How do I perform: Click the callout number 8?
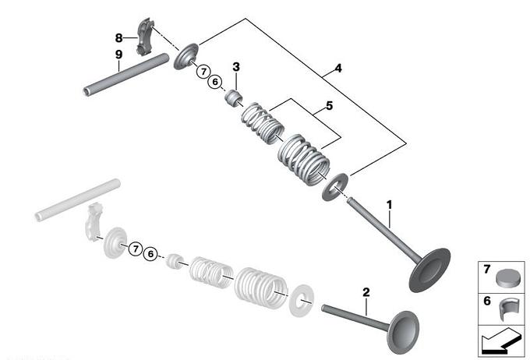coord(118,37)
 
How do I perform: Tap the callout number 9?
coord(118,55)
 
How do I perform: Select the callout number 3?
coord(236,67)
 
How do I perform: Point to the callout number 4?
coord(338,69)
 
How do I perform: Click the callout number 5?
coord(329,106)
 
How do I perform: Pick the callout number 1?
coord(390,205)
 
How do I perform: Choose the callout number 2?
coord(366,292)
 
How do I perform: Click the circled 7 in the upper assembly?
coord(203,72)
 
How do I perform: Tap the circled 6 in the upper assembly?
coord(215,82)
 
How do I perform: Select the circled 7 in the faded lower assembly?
coord(136,249)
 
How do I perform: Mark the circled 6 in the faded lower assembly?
coord(150,254)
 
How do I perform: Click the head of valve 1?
coord(429,270)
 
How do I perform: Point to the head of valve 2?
coord(404,333)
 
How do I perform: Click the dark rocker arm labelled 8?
coord(144,37)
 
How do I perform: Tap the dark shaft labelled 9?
coord(126,75)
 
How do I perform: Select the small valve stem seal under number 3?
coord(234,97)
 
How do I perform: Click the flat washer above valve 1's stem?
coord(334,187)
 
